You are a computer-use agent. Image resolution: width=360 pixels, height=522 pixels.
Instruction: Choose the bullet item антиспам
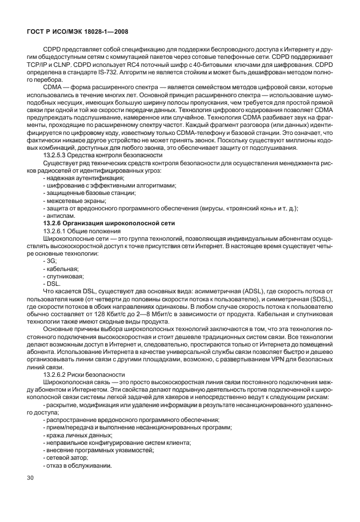pos(59,214)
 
